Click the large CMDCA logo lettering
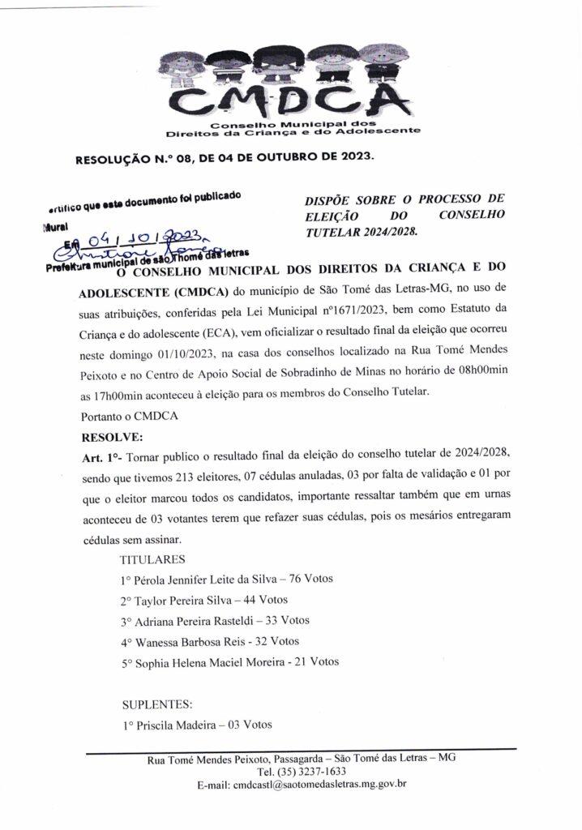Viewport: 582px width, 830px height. click(x=291, y=102)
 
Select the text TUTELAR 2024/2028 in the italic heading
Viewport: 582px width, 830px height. click(x=354, y=231)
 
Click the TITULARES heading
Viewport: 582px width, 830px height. click(x=152, y=559)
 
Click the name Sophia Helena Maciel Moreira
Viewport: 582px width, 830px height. click(x=211, y=661)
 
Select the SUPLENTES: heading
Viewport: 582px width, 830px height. click(x=157, y=704)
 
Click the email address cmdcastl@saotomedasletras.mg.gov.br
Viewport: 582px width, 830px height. click(x=320, y=785)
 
